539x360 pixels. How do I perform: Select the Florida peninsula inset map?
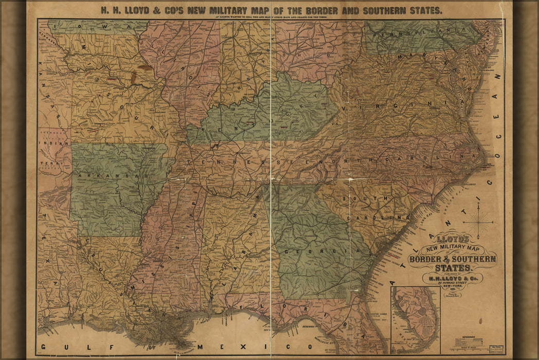tap(415, 320)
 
